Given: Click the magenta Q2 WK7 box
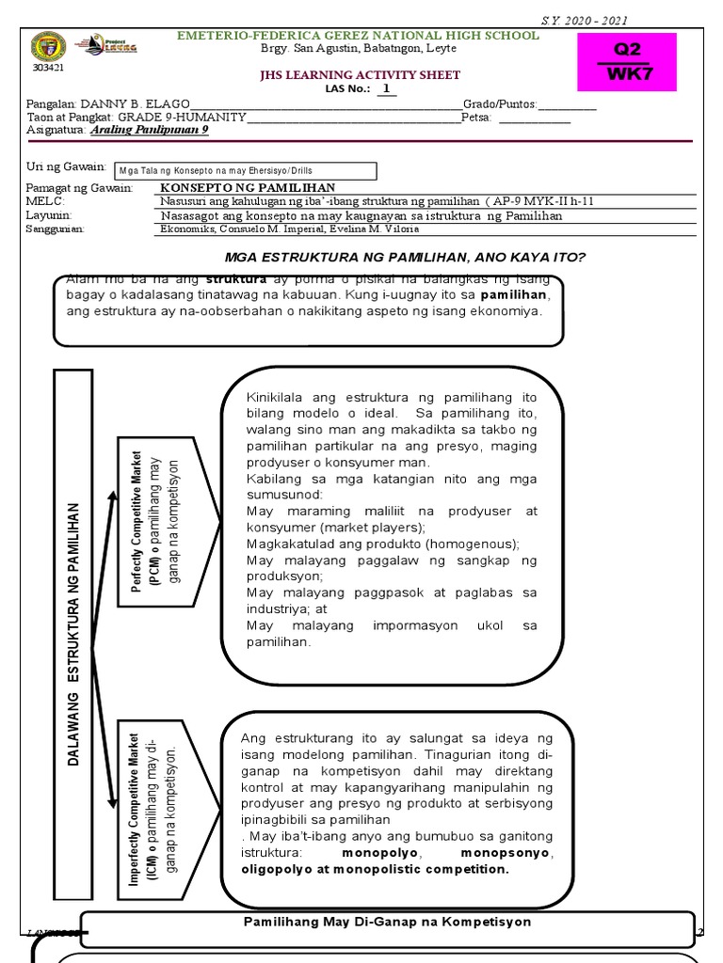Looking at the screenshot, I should (x=640, y=61).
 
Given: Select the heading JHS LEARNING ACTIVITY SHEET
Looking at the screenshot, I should (x=353, y=75).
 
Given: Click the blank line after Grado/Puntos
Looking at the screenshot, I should (x=567, y=103).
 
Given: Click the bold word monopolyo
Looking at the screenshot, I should (x=376, y=852).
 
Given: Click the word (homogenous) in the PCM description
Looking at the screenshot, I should (x=473, y=544).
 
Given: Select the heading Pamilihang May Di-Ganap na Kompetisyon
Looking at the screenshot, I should (x=387, y=922).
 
